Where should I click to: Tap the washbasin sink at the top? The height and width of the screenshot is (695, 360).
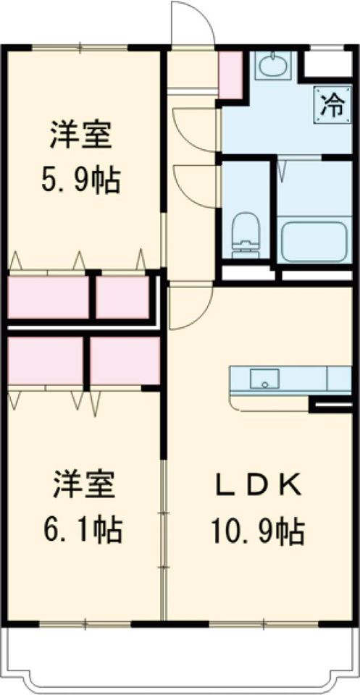[274, 67]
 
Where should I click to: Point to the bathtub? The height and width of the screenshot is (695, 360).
[315, 242]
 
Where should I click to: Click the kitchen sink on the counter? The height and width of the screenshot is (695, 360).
[264, 378]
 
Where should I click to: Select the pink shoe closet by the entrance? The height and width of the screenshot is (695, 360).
[230, 75]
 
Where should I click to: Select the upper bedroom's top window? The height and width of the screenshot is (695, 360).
[80, 48]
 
